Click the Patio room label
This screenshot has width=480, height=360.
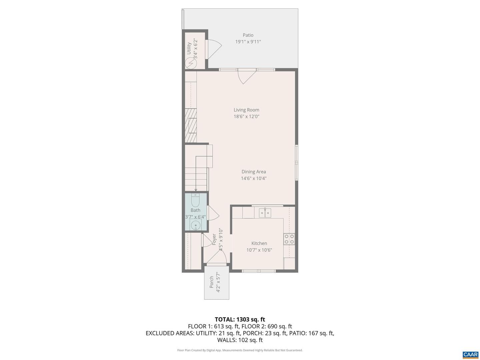point(248,35)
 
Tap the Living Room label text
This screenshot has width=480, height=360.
point(246,110)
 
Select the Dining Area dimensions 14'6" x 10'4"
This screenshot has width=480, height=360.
point(253,178)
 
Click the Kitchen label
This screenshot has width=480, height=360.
point(259,243)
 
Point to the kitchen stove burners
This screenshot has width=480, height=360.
point(289,239)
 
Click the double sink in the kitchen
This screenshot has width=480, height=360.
point(265,213)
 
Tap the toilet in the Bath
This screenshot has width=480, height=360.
point(195,200)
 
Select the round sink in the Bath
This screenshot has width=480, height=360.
point(195,225)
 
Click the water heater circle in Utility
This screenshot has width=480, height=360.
point(191,63)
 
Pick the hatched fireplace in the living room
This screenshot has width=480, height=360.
point(191,125)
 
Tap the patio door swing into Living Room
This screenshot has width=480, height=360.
point(247,76)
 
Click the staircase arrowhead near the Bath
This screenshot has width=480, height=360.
point(196,190)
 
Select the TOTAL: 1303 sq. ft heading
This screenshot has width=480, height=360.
point(240,319)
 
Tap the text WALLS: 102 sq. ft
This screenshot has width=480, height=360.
point(240,340)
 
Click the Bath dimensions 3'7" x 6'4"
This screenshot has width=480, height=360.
point(195,217)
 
